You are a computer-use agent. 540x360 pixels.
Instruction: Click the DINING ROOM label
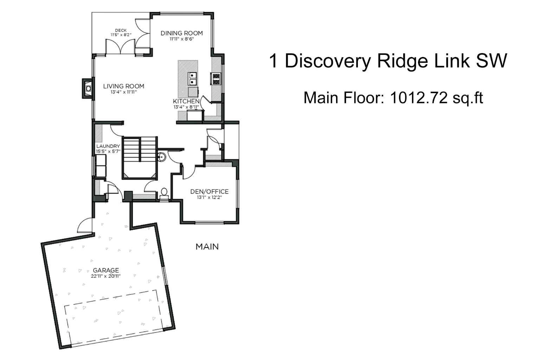tap(181, 33)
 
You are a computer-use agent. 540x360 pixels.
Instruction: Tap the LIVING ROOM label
tap(123, 86)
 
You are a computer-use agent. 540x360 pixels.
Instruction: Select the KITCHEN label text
tap(186, 101)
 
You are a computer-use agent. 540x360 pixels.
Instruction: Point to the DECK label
tap(121, 30)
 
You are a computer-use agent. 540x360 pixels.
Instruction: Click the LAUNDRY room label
tap(108, 146)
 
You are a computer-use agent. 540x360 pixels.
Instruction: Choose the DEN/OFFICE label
tap(209, 192)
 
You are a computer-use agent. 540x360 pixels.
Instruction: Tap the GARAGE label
tap(106, 270)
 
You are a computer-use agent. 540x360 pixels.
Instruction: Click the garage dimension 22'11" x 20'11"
tap(106, 276)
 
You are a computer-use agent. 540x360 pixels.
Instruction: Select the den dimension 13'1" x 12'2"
tap(209, 197)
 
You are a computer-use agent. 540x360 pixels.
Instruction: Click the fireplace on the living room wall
tap(88, 88)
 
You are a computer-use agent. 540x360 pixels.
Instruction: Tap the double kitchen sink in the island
tap(192, 78)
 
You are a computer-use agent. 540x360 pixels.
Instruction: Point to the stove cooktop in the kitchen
tap(215, 78)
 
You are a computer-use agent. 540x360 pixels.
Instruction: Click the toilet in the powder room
tap(164, 192)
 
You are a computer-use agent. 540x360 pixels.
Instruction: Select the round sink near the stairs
tap(162, 157)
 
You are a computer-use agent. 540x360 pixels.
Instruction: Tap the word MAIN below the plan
tap(207, 247)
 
